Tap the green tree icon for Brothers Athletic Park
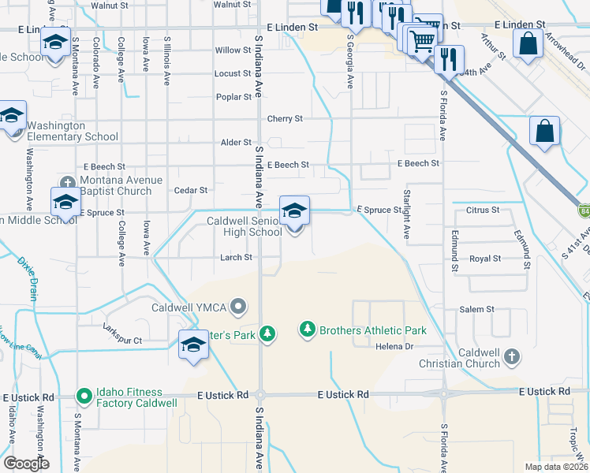308,330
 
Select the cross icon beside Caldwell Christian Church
511,356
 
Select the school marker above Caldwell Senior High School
294,211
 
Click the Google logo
25,463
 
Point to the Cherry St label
285,119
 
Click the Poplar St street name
233,97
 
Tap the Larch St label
236,257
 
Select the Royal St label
485,259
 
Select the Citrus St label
484,210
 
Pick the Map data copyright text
557,467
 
